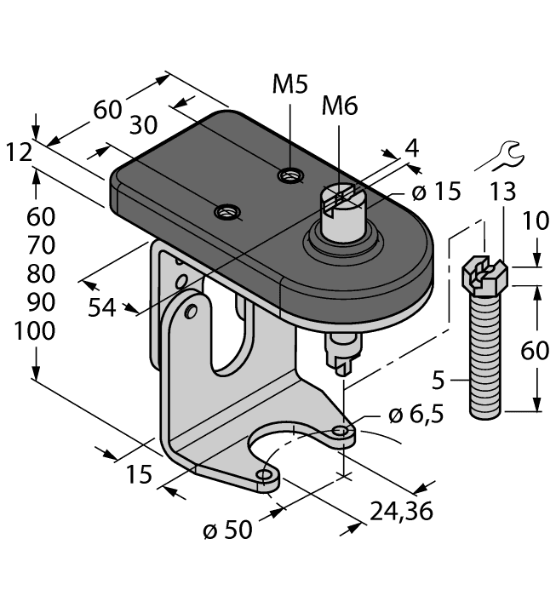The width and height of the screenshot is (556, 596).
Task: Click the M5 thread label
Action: [x=290, y=84]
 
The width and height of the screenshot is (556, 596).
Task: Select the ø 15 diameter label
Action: [x=436, y=192]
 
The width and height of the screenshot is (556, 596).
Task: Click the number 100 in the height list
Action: [x=35, y=331]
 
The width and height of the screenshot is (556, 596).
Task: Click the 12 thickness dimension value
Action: [x=18, y=152]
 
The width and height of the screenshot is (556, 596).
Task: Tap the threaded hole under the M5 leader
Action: [x=290, y=176]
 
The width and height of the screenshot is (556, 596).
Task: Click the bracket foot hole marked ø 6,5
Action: [x=341, y=433]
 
